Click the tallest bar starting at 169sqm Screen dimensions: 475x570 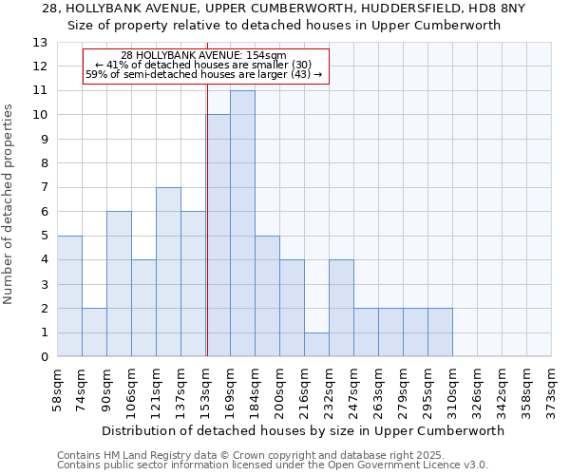(x=242, y=223)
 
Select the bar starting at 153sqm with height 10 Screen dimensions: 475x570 (x=218, y=236)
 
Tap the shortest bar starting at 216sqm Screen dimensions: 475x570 (x=316, y=344)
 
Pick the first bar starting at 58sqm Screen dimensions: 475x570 (x=69, y=295)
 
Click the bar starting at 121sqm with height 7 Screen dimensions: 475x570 (x=168, y=272)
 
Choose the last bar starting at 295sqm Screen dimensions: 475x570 (x=440, y=332)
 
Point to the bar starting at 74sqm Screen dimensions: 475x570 (x=94, y=332)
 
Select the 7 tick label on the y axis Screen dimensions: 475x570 (x=44, y=188)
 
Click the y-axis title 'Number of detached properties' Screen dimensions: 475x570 (x=9, y=204)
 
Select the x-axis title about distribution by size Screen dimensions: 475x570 (x=303, y=430)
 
